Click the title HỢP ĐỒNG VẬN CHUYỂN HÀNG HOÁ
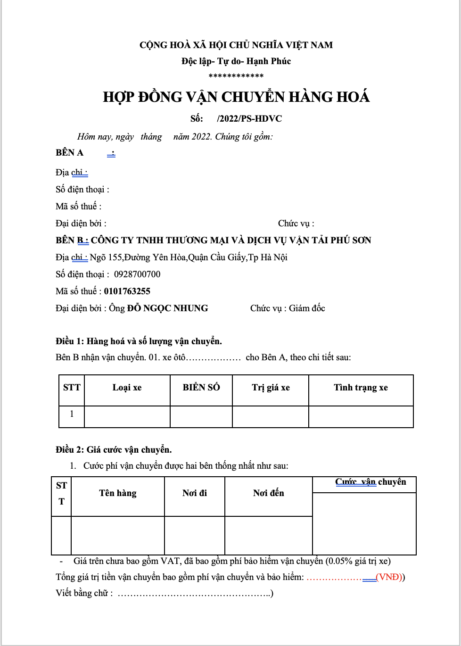[236, 97]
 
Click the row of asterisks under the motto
[236, 76]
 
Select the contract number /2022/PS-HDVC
[249, 119]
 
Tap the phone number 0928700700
[137, 274]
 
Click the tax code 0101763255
[127, 291]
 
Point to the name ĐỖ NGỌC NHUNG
[168, 308]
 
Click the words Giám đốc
[307, 308]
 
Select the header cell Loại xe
[127, 388]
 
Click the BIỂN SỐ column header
[201, 388]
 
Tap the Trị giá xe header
[271, 388]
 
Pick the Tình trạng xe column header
[361, 388]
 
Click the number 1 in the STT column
[72, 414]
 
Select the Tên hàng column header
[118, 493]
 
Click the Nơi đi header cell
[195, 493]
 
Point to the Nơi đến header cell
[269, 493]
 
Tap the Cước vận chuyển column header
[370, 482]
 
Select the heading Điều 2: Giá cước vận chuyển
[114, 450]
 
